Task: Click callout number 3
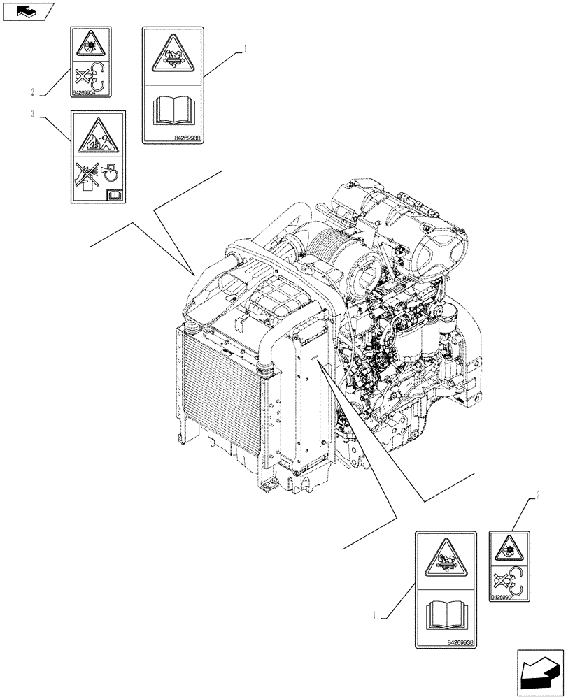pyautogui.click(x=34, y=113)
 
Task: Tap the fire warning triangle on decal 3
pyautogui.click(x=98, y=136)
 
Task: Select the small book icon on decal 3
pyautogui.click(x=114, y=195)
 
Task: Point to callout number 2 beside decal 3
pyautogui.click(x=33, y=92)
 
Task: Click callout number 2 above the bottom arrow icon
pyautogui.click(x=537, y=496)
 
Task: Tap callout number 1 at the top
pyautogui.click(x=245, y=49)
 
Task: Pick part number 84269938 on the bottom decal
pyautogui.click(x=460, y=641)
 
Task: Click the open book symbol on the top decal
pyautogui.click(x=171, y=110)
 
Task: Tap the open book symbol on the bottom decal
pyautogui.click(x=445, y=613)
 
